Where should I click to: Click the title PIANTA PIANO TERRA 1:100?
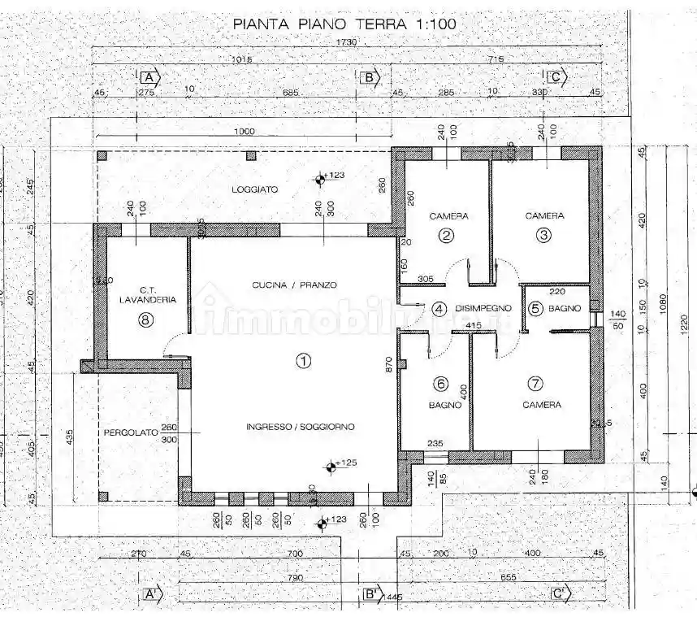(x=344, y=24)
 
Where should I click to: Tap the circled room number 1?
(x=303, y=361)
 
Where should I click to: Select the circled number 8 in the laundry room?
(x=145, y=319)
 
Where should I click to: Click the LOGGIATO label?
(x=254, y=189)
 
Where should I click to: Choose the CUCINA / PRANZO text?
(x=294, y=285)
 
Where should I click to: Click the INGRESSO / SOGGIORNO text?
(x=301, y=427)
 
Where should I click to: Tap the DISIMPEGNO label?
(x=483, y=308)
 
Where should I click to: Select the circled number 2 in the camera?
(x=446, y=237)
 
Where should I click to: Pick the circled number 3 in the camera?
(x=543, y=236)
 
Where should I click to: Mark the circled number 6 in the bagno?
(x=441, y=384)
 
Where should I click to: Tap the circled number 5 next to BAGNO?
(x=535, y=308)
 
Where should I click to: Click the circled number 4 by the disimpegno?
(x=439, y=309)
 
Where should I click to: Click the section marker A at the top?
(x=149, y=77)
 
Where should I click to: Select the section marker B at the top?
(x=369, y=77)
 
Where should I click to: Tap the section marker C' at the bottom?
(x=559, y=593)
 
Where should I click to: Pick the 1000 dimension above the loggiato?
(x=243, y=132)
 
